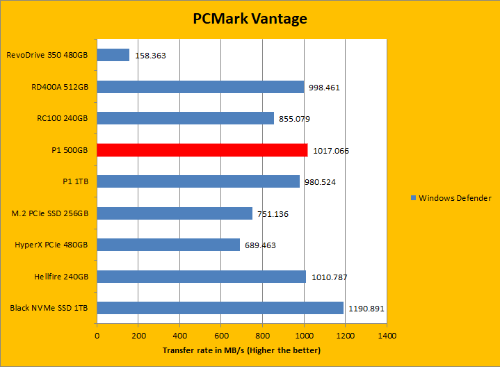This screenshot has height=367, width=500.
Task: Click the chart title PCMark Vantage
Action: [x=250, y=19]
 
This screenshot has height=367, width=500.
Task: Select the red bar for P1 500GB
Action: [x=202, y=150]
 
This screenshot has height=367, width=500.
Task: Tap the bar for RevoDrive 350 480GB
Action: [x=113, y=54]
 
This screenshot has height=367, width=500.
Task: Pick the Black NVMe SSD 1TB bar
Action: [x=220, y=308]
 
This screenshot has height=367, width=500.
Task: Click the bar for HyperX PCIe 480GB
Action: [x=168, y=245]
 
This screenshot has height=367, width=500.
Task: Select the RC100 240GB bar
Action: [x=185, y=118]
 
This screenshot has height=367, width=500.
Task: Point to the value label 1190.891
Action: [x=366, y=309]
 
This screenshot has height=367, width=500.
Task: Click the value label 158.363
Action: [x=150, y=55]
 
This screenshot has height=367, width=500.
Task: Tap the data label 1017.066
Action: [x=330, y=150]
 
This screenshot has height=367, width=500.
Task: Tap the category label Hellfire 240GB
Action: [x=61, y=277]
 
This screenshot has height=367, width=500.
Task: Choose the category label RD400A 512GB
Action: [x=60, y=87]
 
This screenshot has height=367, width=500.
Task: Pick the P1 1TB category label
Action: [x=74, y=181]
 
